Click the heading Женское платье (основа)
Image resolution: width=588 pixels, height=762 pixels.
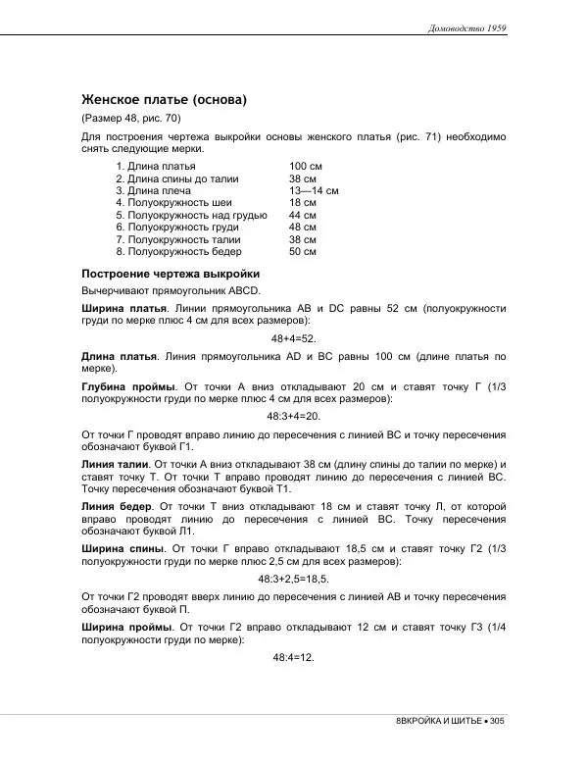(x=164, y=99)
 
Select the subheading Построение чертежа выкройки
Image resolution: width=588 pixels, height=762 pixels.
(x=170, y=274)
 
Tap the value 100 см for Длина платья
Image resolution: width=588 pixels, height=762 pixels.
(x=307, y=168)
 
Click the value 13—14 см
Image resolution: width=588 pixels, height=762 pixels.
(x=314, y=191)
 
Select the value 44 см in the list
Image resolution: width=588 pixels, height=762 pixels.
(x=303, y=215)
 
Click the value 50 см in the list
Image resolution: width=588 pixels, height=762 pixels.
(x=303, y=251)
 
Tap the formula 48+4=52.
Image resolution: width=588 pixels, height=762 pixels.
(x=293, y=338)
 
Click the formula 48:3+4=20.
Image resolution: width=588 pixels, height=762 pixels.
(x=293, y=416)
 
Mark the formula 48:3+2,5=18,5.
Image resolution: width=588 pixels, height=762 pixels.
(x=293, y=580)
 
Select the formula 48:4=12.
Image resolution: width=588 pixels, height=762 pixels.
(x=293, y=657)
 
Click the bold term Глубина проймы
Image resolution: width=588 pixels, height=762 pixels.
(x=128, y=386)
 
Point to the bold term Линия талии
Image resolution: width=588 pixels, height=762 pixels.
(x=114, y=463)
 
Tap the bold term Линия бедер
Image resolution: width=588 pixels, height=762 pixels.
(x=116, y=506)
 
